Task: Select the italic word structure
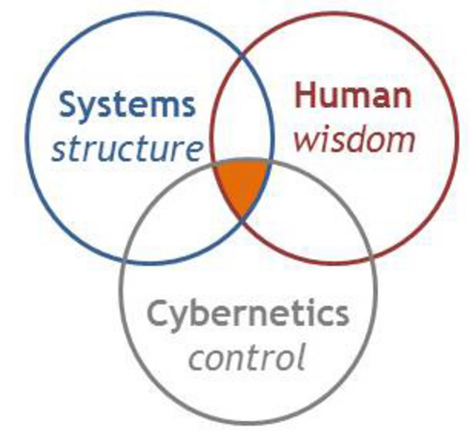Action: click(x=127, y=149)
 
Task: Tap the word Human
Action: click(x=353, y=95)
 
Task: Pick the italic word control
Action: click(x=246, y=356)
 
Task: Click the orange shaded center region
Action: click(x=242, y=185)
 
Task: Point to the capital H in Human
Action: click(x=306, y=95)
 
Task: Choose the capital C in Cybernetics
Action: click(x=158, y=313)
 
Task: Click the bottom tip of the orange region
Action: click(x=243, y=218)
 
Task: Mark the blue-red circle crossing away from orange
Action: click(x=243, y=55)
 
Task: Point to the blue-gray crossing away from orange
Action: click(x=124, y=260)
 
